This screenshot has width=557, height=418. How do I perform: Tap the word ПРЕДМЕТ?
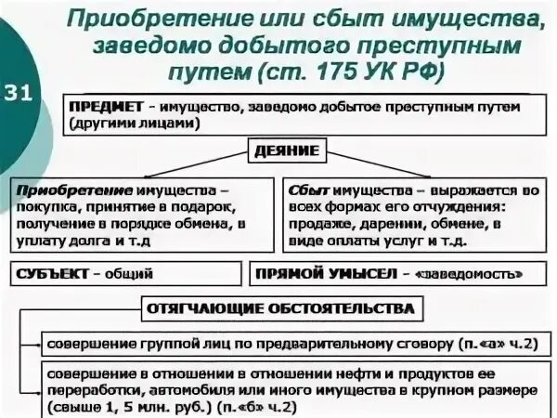tap(101, 107)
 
